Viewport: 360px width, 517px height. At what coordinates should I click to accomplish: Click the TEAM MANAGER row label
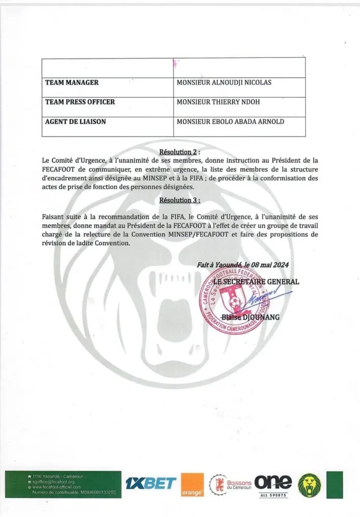[x=72, y=82]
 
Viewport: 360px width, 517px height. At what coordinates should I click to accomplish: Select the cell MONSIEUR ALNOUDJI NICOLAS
[x=224, y=82]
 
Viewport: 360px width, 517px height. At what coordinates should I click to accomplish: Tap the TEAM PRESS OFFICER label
[x=80, y=102]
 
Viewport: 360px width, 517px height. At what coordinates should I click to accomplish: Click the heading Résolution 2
[x=179, y=151]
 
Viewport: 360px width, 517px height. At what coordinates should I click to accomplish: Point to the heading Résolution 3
[x=179, y=200]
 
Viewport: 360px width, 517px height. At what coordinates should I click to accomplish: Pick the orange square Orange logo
[x=192, y=485]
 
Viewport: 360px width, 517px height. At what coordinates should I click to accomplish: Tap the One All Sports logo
[x=273, y=484]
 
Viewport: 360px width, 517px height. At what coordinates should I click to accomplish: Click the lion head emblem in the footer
[x=310, y=485]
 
